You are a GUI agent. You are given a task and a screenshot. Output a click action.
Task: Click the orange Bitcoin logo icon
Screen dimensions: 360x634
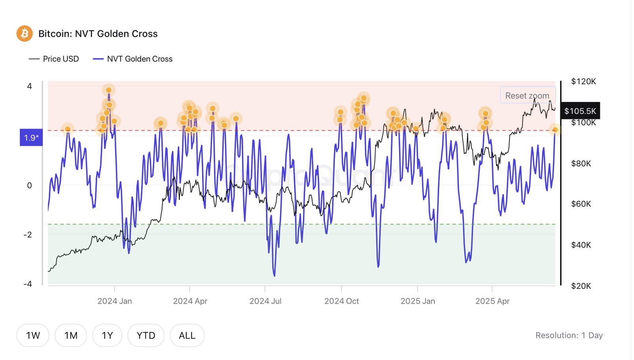(25, 34)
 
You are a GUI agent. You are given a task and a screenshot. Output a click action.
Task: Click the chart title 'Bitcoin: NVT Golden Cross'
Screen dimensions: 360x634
(98, 34)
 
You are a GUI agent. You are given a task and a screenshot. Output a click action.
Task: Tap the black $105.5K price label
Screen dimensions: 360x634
(580, 111)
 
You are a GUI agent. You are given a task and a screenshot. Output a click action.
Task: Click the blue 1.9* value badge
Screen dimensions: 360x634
(31, 138)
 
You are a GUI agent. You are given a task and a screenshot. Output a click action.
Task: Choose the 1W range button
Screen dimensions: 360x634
(33, 335)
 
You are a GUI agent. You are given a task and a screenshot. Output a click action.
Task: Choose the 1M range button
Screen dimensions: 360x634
(71, 335)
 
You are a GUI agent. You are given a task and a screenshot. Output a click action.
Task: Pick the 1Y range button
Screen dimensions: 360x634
(107, 335)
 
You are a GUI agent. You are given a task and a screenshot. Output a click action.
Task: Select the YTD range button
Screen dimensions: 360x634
(146, 335)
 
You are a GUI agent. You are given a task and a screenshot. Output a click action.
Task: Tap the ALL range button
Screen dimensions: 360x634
(187, 335)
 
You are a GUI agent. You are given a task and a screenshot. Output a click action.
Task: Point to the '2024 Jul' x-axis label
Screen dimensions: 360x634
(265, 301)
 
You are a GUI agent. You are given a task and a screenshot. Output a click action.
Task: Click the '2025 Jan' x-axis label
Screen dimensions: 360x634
(418, 301)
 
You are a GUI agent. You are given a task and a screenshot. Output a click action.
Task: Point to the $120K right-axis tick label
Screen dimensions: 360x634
(583, 81)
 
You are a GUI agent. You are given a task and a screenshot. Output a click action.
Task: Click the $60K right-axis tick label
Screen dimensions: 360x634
(581, 204)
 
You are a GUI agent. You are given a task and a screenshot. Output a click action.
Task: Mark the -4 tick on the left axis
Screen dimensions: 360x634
(28, 284)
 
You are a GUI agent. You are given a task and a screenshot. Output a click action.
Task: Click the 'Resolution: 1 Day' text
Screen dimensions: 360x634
(569, 335)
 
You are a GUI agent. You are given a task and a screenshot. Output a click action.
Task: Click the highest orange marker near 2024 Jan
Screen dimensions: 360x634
(109, 90)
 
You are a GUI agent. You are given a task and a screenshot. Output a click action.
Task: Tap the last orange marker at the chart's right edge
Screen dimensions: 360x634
(555, 130)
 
